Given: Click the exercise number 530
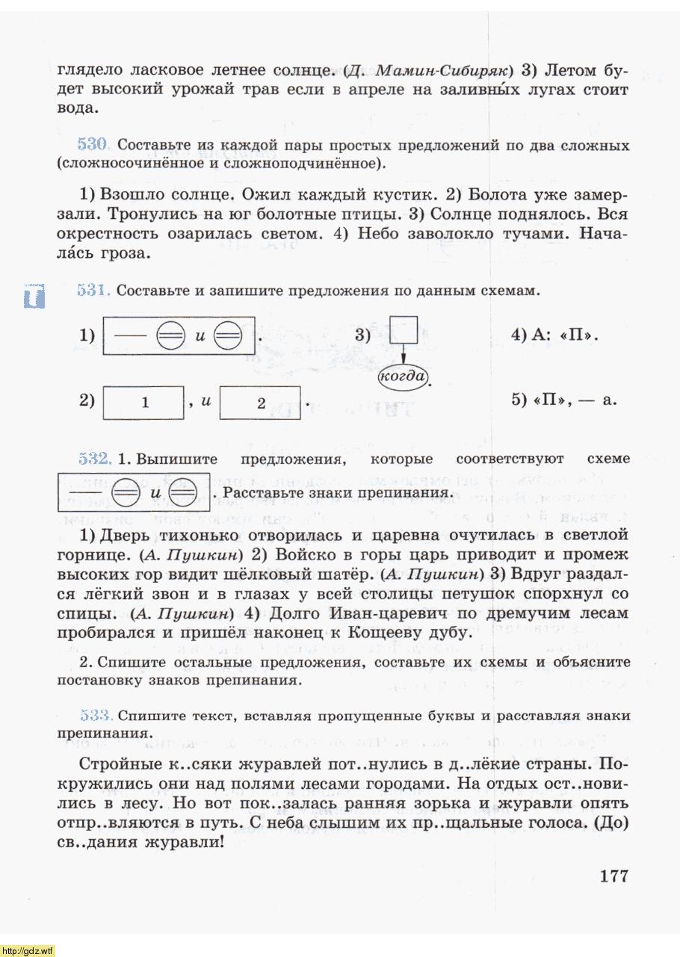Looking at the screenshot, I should point(94,145).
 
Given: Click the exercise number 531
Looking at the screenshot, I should point(94,290).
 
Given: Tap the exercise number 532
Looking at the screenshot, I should point(94,458).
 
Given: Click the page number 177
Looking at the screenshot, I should point(613,876).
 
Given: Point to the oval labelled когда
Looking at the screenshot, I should point(404,376).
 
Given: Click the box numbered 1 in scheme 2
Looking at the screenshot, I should point(143,403).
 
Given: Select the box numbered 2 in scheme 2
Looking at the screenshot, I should point(261,403).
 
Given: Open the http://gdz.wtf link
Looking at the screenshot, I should point(28,950).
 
